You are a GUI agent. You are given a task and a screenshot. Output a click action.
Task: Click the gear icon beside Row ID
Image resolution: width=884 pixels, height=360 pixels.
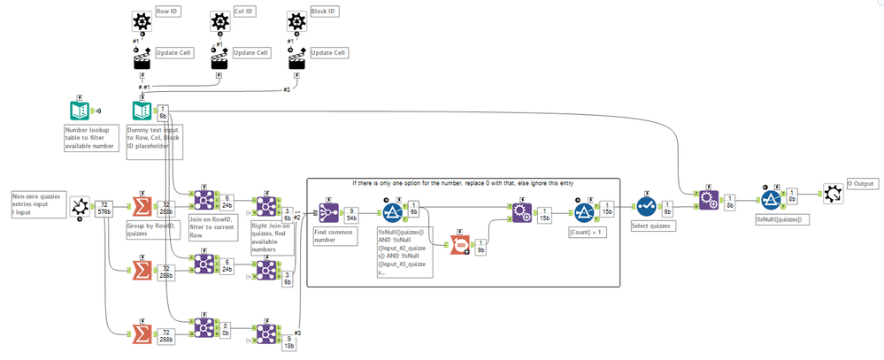click(x=141, y=22)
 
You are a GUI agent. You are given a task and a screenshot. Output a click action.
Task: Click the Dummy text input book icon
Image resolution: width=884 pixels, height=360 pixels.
click(x=142, y=111)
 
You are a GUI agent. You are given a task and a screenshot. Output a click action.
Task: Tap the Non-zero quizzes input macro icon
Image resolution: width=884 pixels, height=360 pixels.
click(x=79, y=206)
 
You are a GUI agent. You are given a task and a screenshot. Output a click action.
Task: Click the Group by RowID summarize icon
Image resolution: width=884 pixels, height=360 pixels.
click(x=141, y=206)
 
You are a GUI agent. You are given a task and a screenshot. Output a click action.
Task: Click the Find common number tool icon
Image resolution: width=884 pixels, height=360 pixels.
click(x=329, y=212)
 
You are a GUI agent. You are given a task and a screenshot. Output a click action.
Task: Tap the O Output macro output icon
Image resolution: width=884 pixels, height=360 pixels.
click(x=833, y=194)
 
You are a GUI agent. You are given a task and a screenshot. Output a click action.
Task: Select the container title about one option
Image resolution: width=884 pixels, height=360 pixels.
click(x=462, y=183)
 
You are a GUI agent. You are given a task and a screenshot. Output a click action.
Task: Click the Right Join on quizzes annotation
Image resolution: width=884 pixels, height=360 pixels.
click(x=272, y=237)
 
